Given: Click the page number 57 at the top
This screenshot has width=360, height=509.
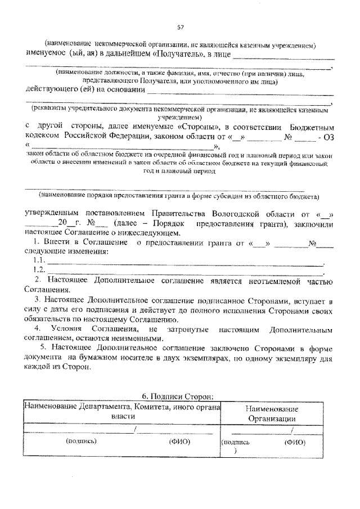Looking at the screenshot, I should [181, 26].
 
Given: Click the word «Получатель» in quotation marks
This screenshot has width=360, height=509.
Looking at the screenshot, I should [177, 55].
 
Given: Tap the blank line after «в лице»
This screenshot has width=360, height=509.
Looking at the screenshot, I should [283, 56].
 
